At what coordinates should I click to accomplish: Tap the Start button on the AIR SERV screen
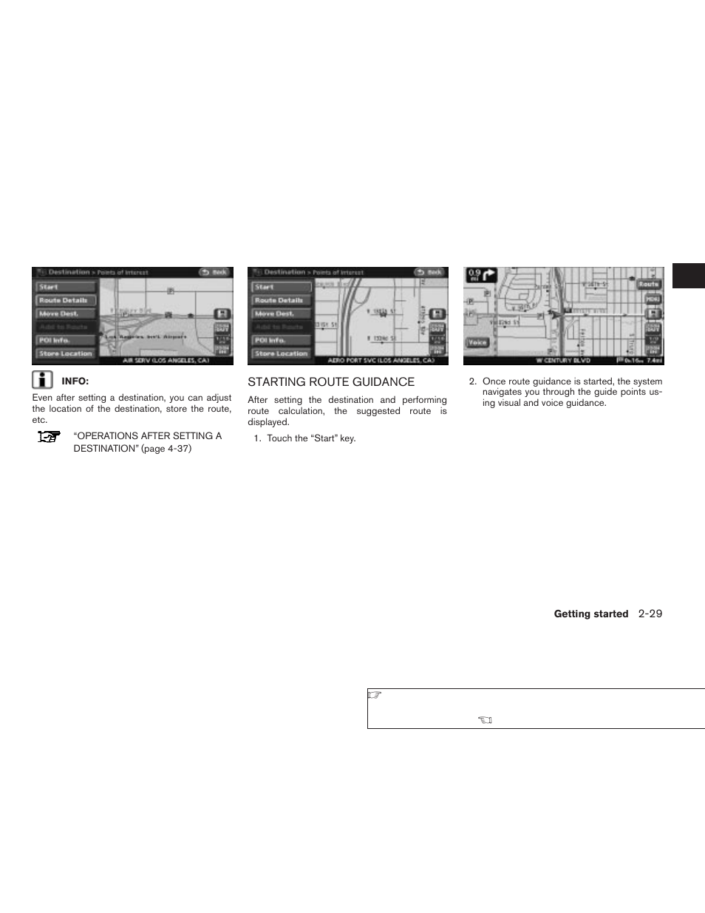coord(66,287)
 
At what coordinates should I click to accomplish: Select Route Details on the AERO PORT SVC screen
coord(281,300)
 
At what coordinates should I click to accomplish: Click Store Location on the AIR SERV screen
coord(66,353)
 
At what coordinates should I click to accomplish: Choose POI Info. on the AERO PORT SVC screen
coord(281,340)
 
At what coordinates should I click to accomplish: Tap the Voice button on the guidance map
coord(477,342)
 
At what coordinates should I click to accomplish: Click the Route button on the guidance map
coord(649,284)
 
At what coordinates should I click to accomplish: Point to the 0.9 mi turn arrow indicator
coord(481,276)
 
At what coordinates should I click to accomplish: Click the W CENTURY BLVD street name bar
coord(564,361)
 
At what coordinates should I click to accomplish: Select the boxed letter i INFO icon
coord(43,380)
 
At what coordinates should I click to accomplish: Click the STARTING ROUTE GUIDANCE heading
coord(331,381)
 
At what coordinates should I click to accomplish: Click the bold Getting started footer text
coord(590,614)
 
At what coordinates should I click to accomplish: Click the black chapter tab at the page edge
coord(688,275)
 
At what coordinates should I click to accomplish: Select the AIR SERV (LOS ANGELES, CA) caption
coord(166,361)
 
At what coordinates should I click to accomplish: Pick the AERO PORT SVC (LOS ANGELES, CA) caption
coord(381,361)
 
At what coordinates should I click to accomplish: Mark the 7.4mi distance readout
coord(654,361)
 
